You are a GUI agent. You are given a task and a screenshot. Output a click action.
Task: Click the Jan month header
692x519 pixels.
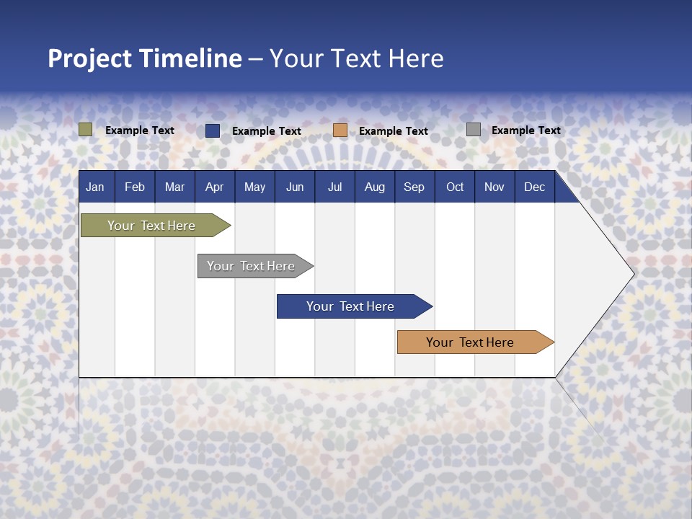click(x=95, y=187)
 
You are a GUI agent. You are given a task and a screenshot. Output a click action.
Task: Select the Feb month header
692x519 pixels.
click(x=135, y=187)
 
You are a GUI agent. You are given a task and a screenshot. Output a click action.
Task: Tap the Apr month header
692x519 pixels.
click(x=214, y=187)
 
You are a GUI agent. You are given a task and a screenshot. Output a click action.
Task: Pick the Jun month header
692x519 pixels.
click(x=295, y=187)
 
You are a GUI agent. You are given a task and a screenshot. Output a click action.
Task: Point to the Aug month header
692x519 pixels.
click(x=374, y=187)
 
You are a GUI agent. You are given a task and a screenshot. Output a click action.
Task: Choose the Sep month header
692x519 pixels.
click(x=414, y=187)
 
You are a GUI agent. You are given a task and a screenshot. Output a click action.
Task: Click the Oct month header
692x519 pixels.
click(x=455, y=187)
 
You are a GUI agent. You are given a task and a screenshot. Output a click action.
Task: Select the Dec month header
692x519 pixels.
click(x=534, y=187)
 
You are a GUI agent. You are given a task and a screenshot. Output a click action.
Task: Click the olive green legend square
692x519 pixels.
click(x=86, y=130)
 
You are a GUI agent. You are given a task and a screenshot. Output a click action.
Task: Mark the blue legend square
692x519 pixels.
click(x=213, y=130)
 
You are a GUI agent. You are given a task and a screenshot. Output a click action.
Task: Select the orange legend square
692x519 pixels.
click(x=340, y=130)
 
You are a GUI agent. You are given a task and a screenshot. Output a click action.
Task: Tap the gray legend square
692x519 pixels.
click(x=474, y=130)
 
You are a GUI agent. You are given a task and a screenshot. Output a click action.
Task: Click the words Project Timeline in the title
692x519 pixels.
click(x=145, y=58)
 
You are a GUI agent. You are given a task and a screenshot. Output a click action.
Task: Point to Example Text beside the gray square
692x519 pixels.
click(x=525, y=130)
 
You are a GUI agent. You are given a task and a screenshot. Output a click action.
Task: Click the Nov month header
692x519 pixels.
click(x=494, y=187)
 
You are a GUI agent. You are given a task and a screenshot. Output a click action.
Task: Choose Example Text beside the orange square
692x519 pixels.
click(x=393, y=131)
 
